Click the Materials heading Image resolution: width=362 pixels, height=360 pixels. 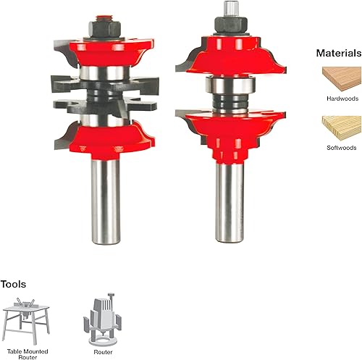point(339,53)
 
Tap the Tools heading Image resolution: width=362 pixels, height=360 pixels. point(13,284)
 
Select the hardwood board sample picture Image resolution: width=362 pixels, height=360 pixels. point(342,79)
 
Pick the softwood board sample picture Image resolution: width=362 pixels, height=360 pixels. point(342,128)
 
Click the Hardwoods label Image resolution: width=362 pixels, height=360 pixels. point(342,99)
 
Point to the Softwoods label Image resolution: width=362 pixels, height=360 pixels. point(342,148)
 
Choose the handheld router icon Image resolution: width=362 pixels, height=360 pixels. point(103,319)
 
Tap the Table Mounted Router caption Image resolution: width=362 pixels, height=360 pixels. point(28,354)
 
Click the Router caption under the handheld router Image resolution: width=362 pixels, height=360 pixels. point(103,352)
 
